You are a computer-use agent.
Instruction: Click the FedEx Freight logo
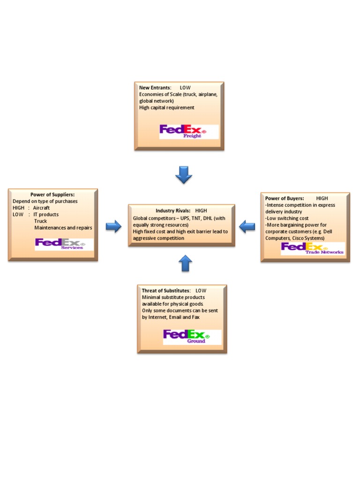coord(189,131)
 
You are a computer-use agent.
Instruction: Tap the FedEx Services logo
coord(64,244)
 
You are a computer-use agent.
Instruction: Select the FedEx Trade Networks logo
coord(312,248)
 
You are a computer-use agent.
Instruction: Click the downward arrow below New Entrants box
coord(184,175)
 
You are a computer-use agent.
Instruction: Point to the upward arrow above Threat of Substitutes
coord(186,263)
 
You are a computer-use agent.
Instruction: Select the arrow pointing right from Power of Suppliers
coord(113,227)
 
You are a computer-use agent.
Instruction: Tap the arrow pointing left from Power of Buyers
coord(247,227)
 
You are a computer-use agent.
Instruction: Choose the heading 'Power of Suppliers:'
coord(52,195)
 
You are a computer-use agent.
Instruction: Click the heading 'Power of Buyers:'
coord(285,198)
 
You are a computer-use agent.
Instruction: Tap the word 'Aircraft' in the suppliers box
coord(41,208)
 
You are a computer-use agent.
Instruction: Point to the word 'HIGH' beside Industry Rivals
coord(201,211)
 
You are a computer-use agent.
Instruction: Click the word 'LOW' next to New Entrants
coord(185,88)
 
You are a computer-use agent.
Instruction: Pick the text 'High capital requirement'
coord(166,107)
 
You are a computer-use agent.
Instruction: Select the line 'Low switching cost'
coord(287,218)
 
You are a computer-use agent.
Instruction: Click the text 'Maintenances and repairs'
coord(63,228)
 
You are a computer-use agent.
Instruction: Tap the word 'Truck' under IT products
coord(41,221)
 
